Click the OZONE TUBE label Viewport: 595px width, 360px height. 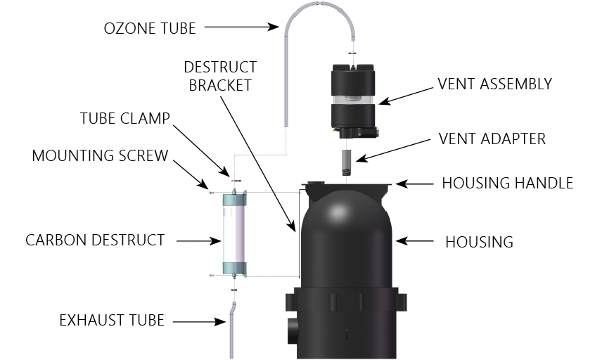pos(149,28)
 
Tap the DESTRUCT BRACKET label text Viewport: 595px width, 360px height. pos(220,76)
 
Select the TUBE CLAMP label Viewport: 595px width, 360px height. pos(124,118)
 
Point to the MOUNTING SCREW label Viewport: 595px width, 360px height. pos(100,155)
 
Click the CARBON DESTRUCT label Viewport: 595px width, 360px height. pos(95,240)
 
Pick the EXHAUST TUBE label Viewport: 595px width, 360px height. pos(112,321)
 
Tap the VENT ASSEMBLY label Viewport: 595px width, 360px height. pos(494,84)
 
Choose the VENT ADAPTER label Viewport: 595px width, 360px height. pos(492,139)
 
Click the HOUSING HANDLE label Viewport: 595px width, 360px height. pos(507,184)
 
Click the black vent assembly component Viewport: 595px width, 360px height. pos(354,98)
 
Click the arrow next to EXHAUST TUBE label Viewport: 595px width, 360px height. pos(198,322)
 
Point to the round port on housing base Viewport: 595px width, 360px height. pos(293,330)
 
